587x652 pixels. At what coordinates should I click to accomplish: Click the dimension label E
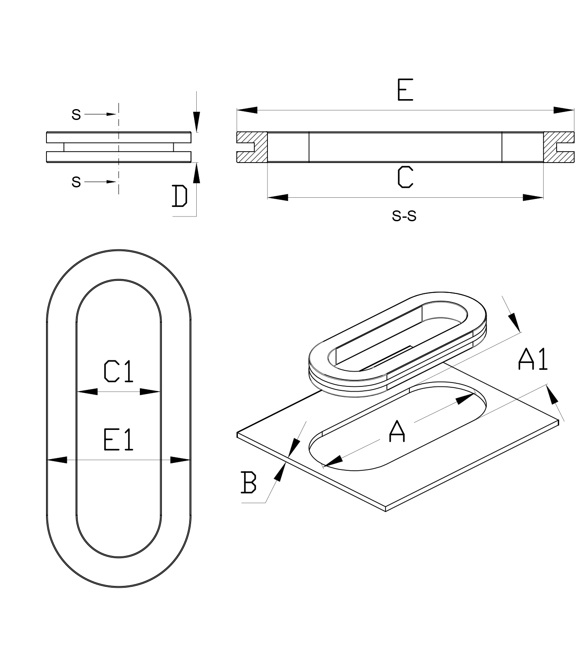coord(405,90)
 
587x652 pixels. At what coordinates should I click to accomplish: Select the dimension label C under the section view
coord(405,177)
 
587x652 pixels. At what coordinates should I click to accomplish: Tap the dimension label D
coord(179,196)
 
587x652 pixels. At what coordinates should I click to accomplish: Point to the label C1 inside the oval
coord(118,372)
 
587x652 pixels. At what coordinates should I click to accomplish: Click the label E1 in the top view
coord(118,439)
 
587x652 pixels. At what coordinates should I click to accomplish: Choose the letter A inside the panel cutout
coord(397,431)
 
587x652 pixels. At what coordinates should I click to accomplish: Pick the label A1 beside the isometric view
coord(533,359)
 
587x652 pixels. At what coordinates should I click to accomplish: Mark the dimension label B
coord(249,482)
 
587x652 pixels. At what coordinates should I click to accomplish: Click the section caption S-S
coord(404,216)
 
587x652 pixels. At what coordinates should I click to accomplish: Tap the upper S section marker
coord(76,114)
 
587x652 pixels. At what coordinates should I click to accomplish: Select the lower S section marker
coord(76,182)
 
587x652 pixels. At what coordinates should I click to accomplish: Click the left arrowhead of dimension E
coord(247,110)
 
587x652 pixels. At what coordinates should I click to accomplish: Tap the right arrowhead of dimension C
coord(533,197)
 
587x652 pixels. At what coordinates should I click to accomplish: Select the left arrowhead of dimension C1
coord(87,392)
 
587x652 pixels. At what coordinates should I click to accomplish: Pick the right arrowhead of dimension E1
coord(180,459)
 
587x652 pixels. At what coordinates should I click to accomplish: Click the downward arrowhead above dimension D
coord(197,121)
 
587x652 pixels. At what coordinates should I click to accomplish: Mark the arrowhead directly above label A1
coord(514,322)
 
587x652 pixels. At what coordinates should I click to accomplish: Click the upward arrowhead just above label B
coord(280,472)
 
